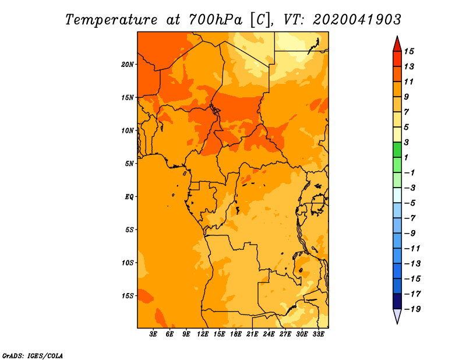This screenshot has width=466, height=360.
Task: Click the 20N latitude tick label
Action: coord(128,65)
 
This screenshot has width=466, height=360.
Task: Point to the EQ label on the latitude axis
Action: coord(129,197)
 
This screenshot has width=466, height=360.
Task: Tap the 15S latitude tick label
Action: coord(128,296)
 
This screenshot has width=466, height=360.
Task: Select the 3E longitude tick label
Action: coord(153,334)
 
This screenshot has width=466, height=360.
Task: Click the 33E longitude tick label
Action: coord(318,334)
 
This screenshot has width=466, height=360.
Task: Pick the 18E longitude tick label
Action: coord(236,334)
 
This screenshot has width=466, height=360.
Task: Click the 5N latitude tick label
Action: coord(129,164)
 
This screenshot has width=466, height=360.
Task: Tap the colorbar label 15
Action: coord(409,51)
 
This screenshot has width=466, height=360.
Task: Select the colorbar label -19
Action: coord(412,309)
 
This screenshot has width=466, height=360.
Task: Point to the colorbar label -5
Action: coord(410,203)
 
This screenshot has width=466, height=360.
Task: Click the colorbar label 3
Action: coord(407,142)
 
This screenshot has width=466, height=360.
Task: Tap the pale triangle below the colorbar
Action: coord(397,315)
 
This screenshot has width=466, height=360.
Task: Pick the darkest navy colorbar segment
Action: coord(397,301)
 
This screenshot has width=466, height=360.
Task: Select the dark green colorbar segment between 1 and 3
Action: coord(397,150)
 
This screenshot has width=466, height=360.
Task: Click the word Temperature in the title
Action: coord(111,20)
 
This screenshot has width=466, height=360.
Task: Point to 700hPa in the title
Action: coord(216,20)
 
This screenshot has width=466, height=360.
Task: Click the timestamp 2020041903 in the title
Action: coord(357,20)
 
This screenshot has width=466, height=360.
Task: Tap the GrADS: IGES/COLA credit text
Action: coord(33,356)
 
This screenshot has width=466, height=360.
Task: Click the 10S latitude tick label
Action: coord(128,263)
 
